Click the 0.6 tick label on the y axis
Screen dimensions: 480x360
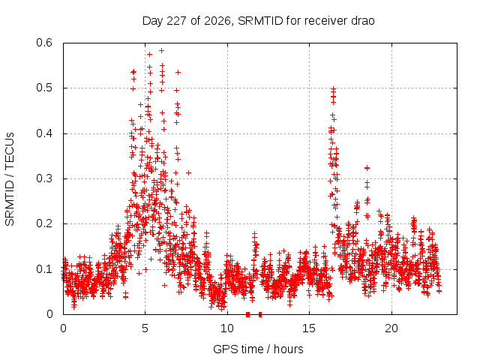tap(44, 43)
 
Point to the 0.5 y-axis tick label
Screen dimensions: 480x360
tap(44, 88)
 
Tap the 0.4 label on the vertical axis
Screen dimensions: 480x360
tap(44, 133)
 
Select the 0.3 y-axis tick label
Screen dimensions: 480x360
tap(44, 178)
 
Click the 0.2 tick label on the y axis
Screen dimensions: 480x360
tap(44, 223)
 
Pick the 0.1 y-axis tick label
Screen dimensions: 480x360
tap(44, 269)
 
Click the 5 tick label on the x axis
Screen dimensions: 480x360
tap(145, 328)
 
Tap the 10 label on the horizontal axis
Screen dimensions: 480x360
tap(227, 328)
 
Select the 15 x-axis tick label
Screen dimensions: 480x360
tap(309, 328)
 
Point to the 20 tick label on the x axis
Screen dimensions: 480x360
tap(391, 328)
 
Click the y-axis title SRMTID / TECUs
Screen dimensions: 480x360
tap(10, 179)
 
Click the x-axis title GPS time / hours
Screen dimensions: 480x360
tap(258, 349)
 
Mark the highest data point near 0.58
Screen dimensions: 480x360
tap(162, 50)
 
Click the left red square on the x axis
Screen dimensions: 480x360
tap(248, 314)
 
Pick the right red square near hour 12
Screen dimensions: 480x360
tap(260, 314)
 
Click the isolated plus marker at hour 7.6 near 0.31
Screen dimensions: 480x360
tap(188, 173)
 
